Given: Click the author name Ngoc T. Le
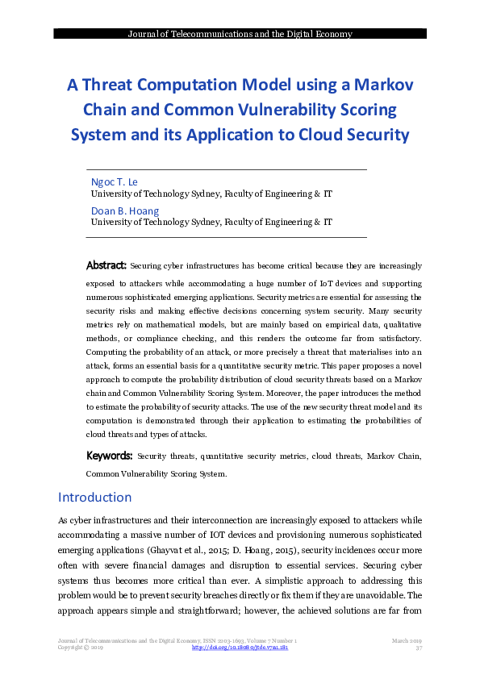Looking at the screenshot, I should point(115,181).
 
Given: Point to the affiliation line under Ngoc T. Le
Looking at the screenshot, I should point(211,194).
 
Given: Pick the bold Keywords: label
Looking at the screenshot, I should point(110,456).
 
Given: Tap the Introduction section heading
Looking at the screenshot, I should point(95,497).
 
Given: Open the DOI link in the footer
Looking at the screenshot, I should point(240,648).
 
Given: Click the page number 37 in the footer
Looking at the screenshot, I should point(419,648).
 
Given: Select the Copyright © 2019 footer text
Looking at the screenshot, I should point(81,648).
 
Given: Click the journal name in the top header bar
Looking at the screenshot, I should point(240,34).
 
